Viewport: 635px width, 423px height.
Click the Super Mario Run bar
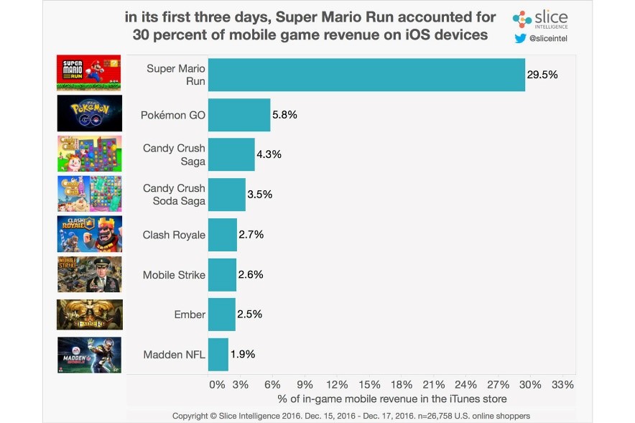pyautogui.click(x=366, y=74)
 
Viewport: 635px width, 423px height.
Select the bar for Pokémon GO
pyautogui.click(x=239, y=114)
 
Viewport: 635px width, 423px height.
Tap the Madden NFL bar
pyautogui.click(x=218, y=354)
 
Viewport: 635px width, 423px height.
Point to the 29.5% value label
pyautogui.click(x=543, y=74)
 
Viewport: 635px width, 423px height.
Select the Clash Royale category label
pyautogui.click(x=174, y=235)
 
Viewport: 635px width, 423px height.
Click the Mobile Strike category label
pyautogui.click(x=174, y=274)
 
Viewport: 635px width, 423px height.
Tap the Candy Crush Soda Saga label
pyautogui.click(x=174, y=195)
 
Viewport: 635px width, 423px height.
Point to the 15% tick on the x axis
pyautogui.click(x=369, y=384)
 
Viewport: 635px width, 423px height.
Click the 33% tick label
pyautogui.click(x=562, y=384)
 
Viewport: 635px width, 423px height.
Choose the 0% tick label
pyautogui.click(x=217, y=384)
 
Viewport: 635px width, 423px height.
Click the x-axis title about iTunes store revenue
pyautogui.click(x=391, y=399)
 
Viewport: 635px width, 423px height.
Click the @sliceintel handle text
pyautogui.click(x=550, y=39)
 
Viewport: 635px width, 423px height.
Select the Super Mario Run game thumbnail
pyautogui.click(x=89, y=73)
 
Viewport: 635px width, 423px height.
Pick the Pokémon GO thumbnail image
pyautogui.click(x=89, y=113)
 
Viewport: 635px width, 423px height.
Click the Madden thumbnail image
pyautogui.click(x=89, y=355)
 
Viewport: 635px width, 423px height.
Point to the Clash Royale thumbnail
pyautogui.click(x=89, y=233)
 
